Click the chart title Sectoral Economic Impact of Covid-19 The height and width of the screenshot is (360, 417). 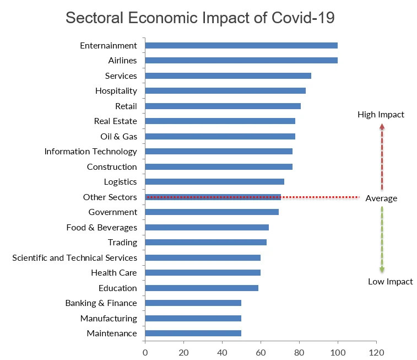click(x=200, y=17)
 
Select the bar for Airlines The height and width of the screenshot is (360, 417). click(x=241, y=61)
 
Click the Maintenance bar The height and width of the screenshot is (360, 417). click(x=193, y=334)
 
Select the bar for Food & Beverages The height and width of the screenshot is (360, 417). click(x=207, y=227)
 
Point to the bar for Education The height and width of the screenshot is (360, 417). click(x=201, y=288)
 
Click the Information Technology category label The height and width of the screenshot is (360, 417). click(x=90, y=152)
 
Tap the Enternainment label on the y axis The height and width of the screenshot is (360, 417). click(x=108, y=46)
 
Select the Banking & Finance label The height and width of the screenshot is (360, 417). click(x=101, y=303)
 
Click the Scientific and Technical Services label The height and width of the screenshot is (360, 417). click(x=74, y=258)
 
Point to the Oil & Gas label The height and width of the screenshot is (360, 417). click(x=115, y=137)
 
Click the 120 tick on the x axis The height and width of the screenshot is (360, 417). click(x=376, y=351)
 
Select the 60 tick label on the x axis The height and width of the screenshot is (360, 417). click(x=261, y=351)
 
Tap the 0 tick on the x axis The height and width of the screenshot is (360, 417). click(x=145, y=351)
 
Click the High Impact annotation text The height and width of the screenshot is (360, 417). click(x=381, y=115)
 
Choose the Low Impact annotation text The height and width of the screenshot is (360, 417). click(x=390, y=282)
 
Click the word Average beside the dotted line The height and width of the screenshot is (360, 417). click(x=381, y=198)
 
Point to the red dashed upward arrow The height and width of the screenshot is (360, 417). click(x=382, y=157)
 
